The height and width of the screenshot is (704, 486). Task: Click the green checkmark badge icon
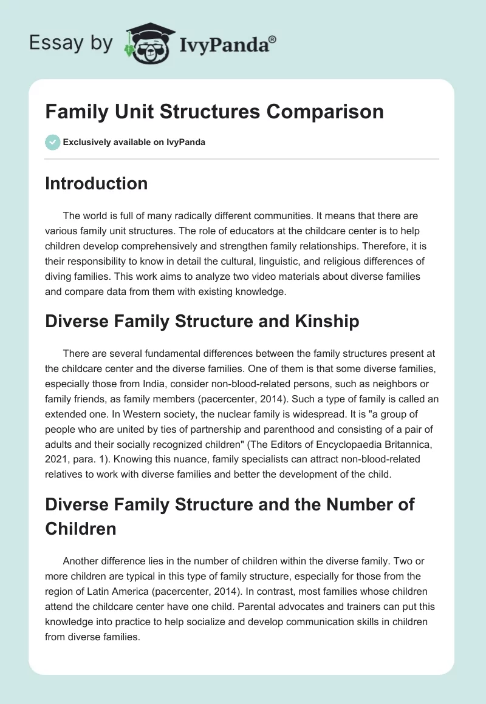point(52,142)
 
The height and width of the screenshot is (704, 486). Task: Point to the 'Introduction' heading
point(96,183)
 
